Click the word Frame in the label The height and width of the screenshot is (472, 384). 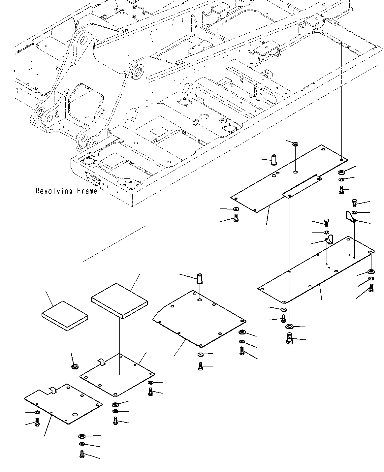87,191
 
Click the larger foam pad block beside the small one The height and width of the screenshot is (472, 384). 119,301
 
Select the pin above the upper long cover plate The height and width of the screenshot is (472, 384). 274,160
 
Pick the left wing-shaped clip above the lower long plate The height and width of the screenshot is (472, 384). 330,239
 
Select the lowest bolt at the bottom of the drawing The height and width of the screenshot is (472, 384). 82,454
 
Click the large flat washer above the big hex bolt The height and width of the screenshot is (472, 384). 289,327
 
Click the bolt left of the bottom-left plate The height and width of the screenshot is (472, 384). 37,422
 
